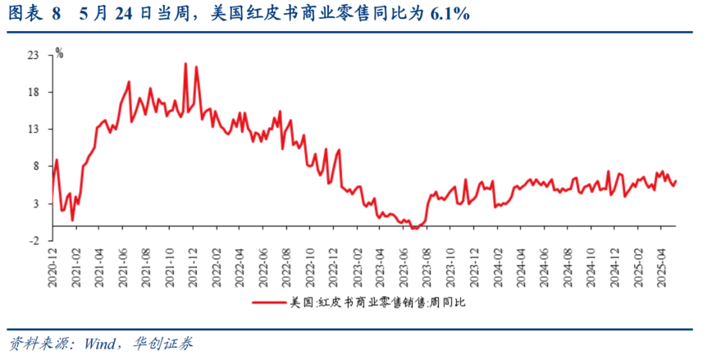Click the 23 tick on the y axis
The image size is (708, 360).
tap(33, 55)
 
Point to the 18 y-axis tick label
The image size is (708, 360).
tap(33, 92)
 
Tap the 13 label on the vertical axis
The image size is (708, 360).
tap(33, 130)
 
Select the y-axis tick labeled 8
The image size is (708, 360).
tap(36, 166)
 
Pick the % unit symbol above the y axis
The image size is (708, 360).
tap(59, 52)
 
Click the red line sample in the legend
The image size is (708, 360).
tap(267, 303)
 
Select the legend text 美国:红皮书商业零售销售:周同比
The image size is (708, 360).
tap(377, 303)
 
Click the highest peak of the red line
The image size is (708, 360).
tap(185, 63)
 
